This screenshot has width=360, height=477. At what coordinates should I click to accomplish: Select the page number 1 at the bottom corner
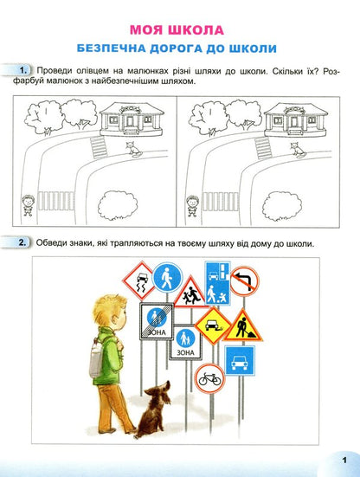344,460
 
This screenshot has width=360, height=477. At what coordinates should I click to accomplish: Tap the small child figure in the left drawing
29,201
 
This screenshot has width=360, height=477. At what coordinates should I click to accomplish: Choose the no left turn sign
245,280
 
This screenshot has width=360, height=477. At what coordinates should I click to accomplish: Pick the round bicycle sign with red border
209,378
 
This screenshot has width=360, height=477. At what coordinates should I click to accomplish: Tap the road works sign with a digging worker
241,327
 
